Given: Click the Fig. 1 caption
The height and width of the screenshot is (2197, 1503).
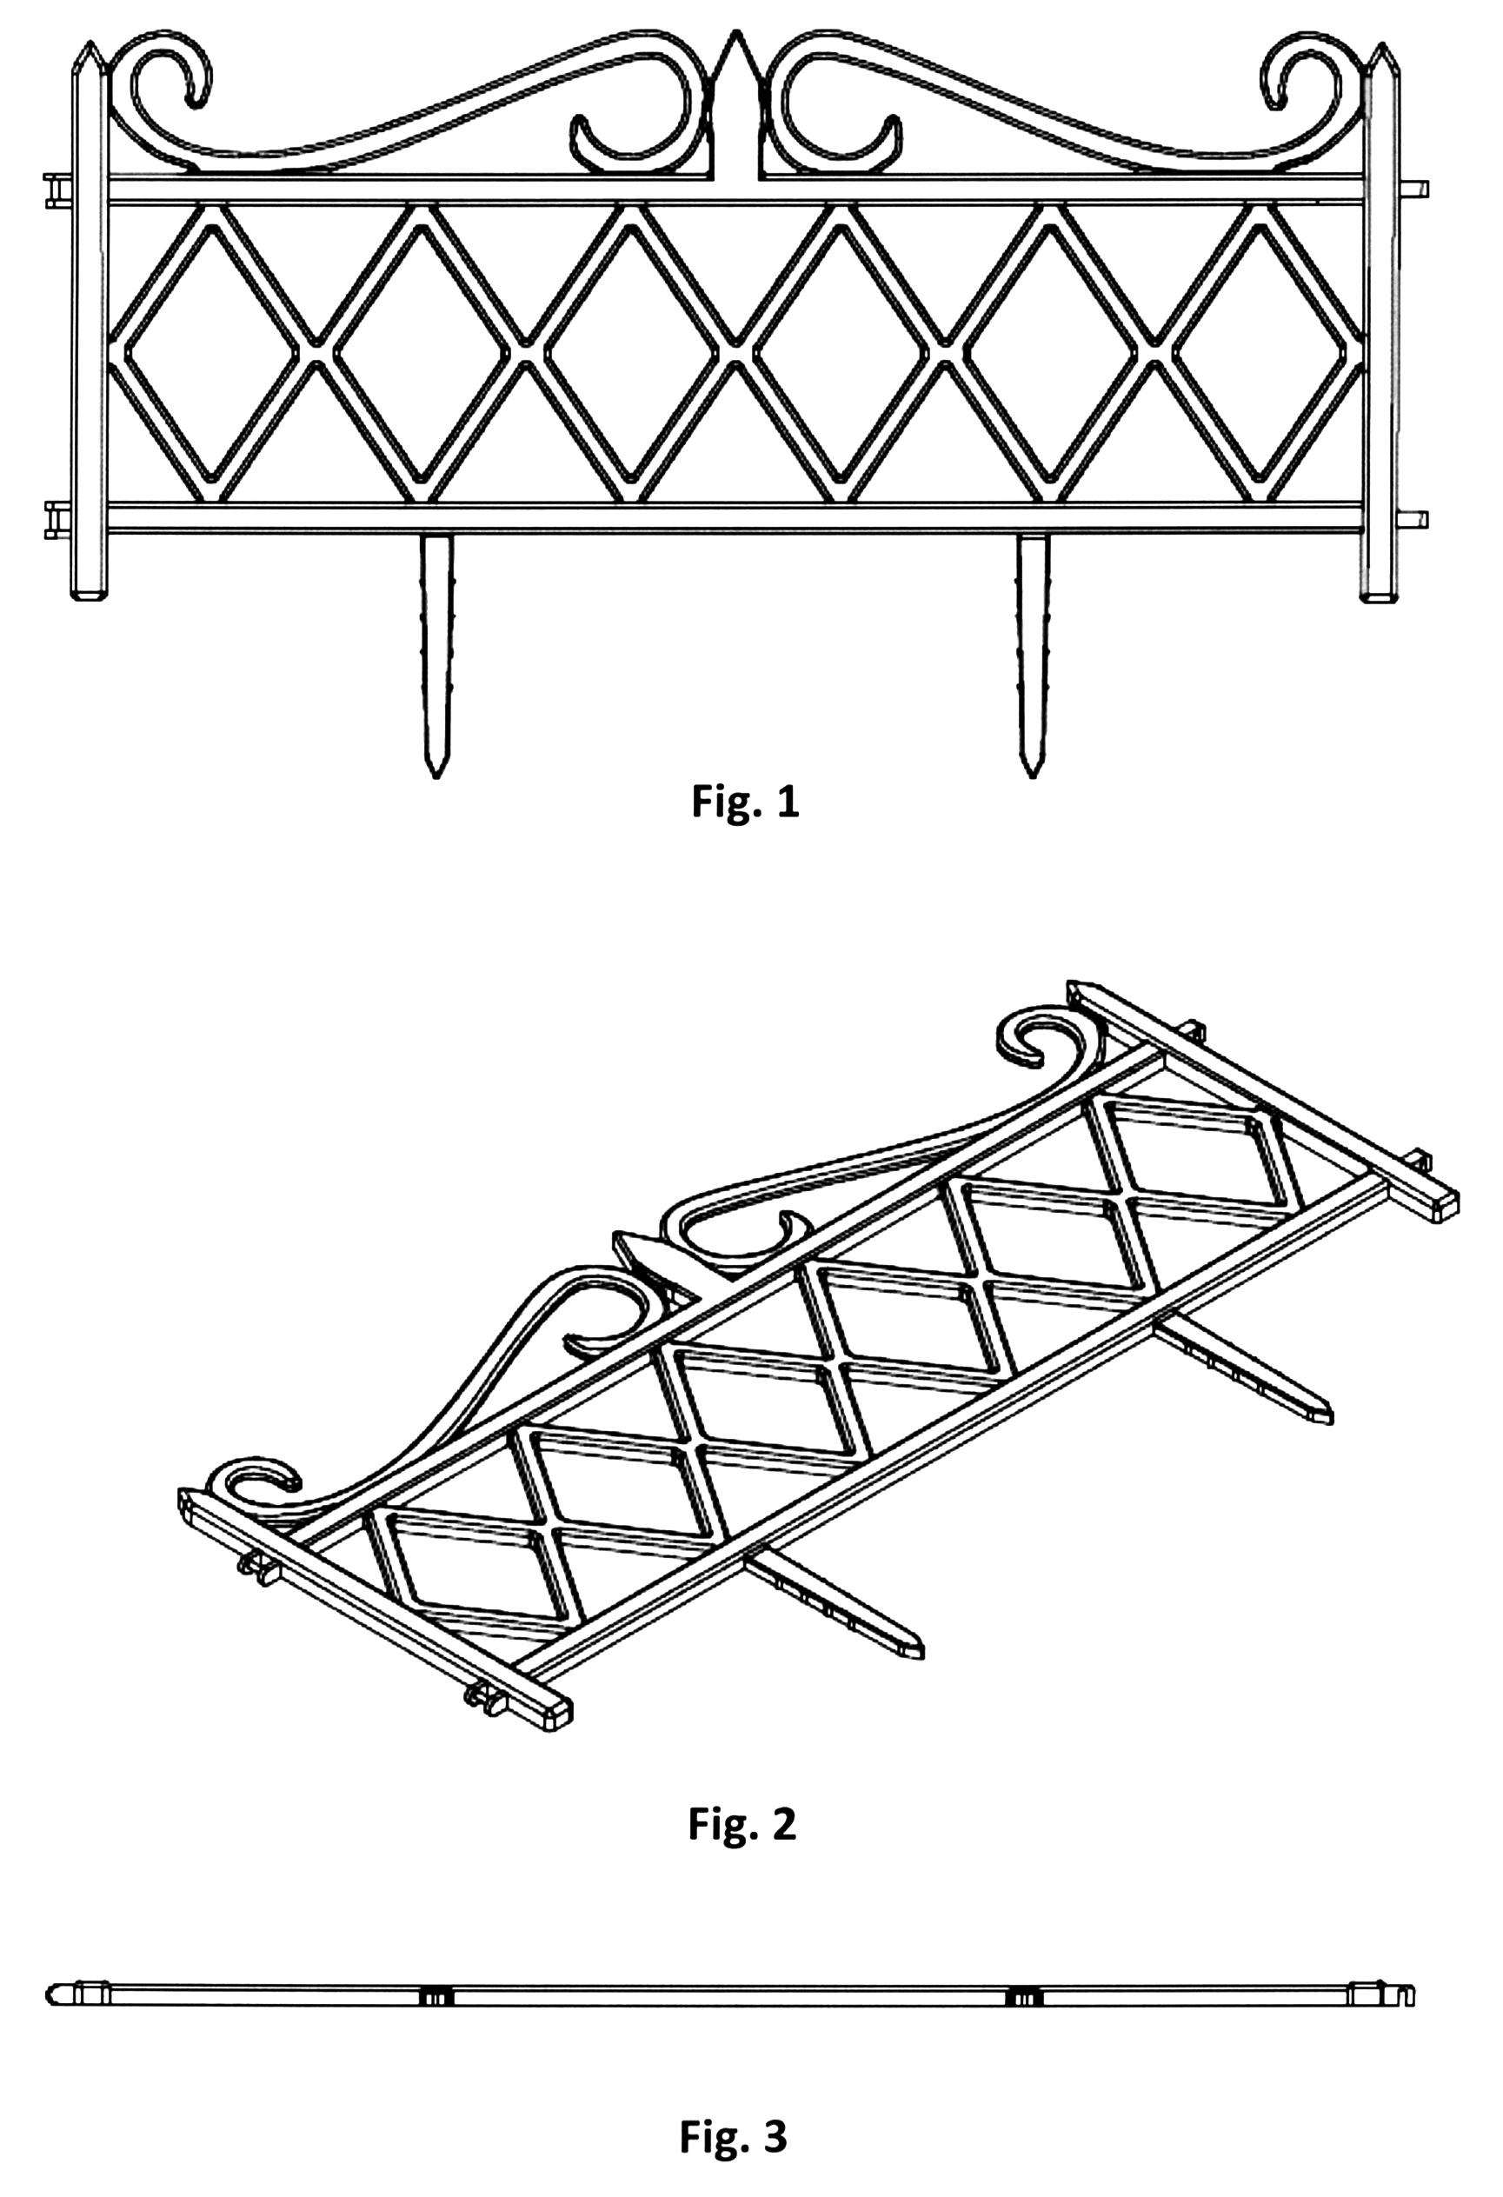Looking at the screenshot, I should pos(745,802).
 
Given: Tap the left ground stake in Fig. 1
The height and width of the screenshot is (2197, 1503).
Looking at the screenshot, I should pos(435,652).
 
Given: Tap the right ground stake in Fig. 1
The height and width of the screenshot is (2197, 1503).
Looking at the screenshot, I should pos(1032,652).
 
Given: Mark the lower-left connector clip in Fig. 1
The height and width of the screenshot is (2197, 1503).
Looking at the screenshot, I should pos(57,519).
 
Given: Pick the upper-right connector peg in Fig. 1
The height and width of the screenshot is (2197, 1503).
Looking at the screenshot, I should pos(1414,187).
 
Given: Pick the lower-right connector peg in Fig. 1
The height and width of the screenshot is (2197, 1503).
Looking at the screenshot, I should pos(1414,519).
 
